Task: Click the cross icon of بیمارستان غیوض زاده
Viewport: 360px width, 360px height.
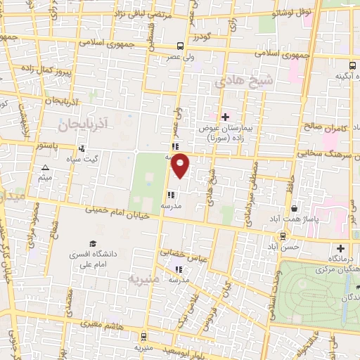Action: click(x=225, y=117)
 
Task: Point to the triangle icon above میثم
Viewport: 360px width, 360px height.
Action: click(x=46, y=167)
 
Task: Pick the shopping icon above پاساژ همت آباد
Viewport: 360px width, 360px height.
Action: click(x=294, y=209)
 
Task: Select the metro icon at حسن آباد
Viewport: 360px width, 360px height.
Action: click(x=283, y=236)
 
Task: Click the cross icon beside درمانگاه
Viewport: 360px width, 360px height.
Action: click(x=340, y=248)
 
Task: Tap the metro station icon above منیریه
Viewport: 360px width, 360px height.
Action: click(x=143, y=337)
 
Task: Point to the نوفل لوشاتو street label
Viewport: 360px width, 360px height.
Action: click(x=294, y=12)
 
